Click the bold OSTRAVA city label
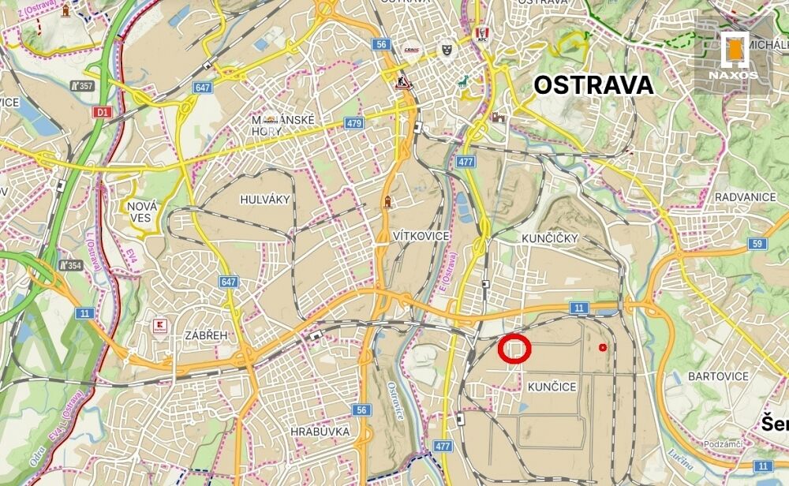(x=594, y=85)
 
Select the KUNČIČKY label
(x=550, y=237)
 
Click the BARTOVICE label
(x=718, y=376)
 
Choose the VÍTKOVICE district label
(x=421, y=236)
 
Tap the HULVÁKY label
(x=266, y=200)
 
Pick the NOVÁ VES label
(x=143, y=211)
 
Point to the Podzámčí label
(x=721, y=444)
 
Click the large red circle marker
(x=514, y=348)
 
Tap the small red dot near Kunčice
(x=604, y=347)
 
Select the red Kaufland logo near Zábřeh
(x=160, y=326)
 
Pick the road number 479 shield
(x=353, y=124)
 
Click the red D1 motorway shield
(x=101, y=112)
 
